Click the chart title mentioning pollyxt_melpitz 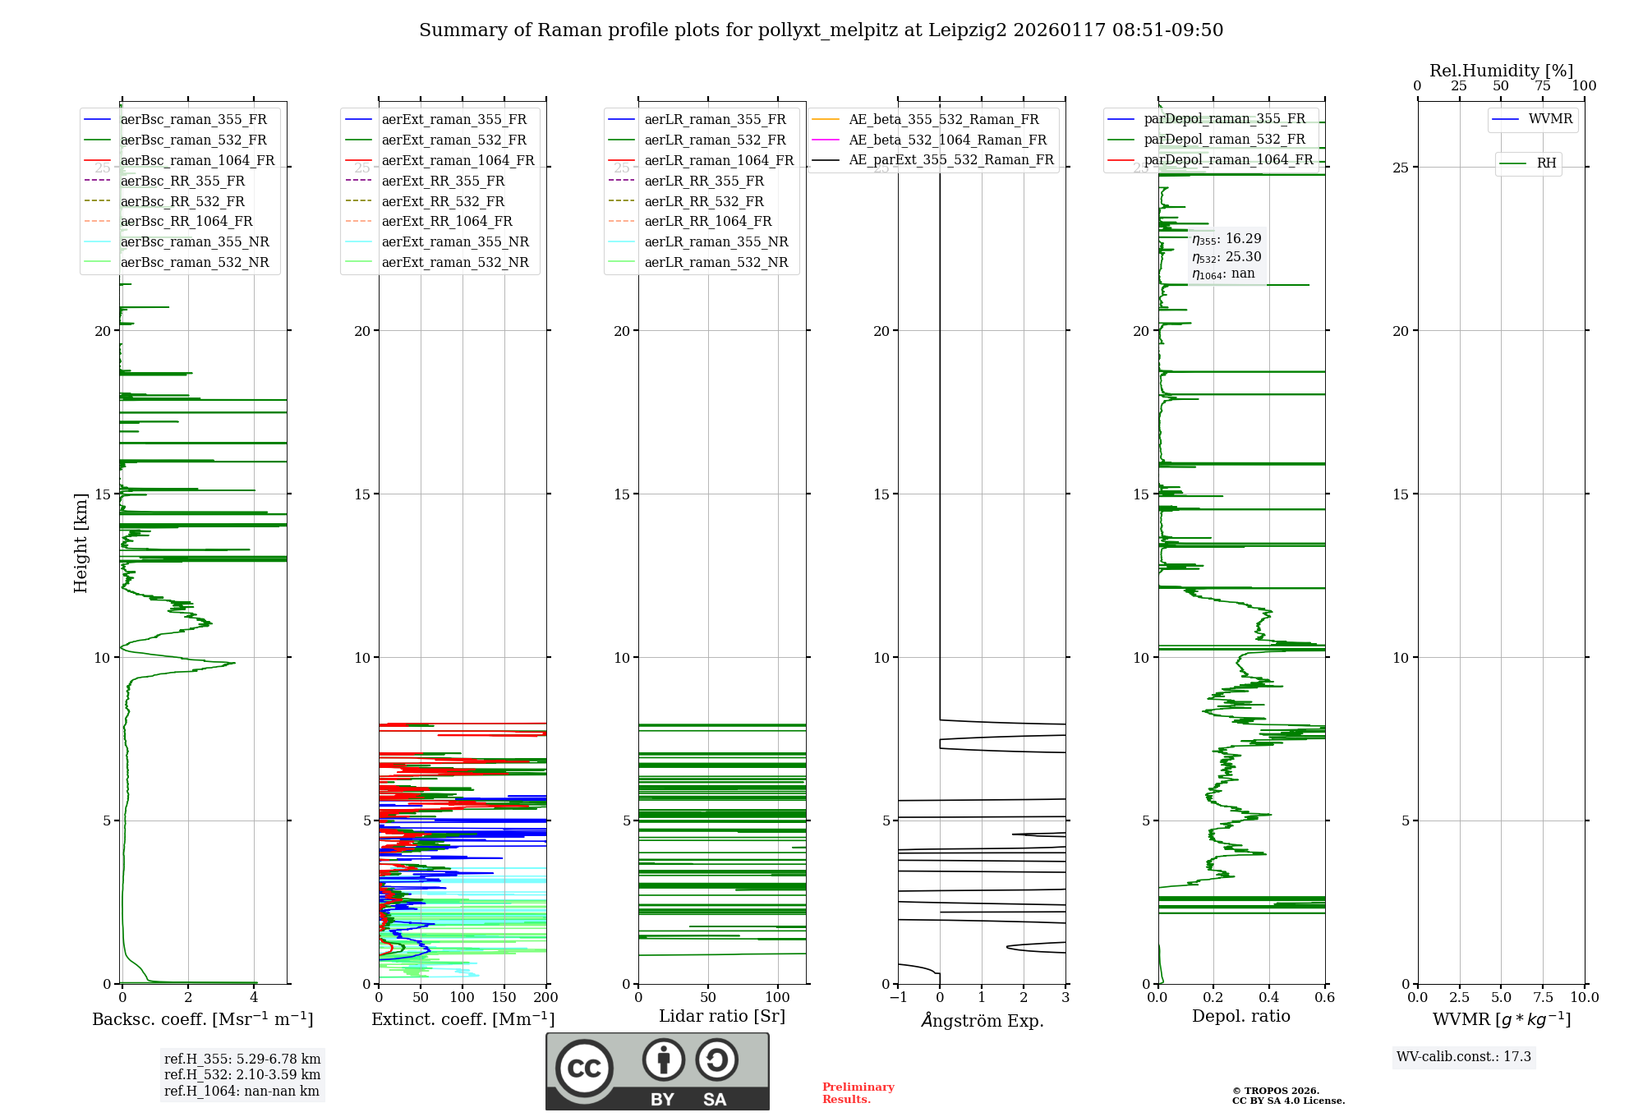pyautogui.click(x=821, y=30)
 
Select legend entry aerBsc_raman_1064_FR pyautogui.click(x=197, y=161)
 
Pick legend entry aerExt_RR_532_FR pyautogui.click(x=443, y=201)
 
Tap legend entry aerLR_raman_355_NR pyautogui.click(x=716, y=242)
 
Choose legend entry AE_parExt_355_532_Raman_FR pyautogui.click(x=950, y=160)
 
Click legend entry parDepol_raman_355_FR pyautogui.click(x=1224, y=119)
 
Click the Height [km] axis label pyautogui.click(x=81, y=542)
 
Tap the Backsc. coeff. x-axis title pyautogui.click(x=202, y=1019)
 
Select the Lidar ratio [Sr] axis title pyautogui.click(x=721, y=1016)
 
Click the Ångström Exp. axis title pyautogui.click(x=982, y=1021)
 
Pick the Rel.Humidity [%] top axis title pyautogui.click(x=1501, y=71)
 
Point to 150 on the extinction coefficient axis pyautogui.click(x=504, y=998)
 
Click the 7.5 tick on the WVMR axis pyautogui.click(x=1543, y=998)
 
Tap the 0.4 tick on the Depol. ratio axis pyautogui.click(x=1268, y=998)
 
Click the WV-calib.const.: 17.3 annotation pyautogui.click(x=1463, y=1057)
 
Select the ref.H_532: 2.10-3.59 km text pyautogui.click(x=242, y=1074)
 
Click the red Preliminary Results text pyautogui.click(x=858, y=1093)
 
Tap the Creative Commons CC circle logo pyautogui.click(x=584, y=1069)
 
